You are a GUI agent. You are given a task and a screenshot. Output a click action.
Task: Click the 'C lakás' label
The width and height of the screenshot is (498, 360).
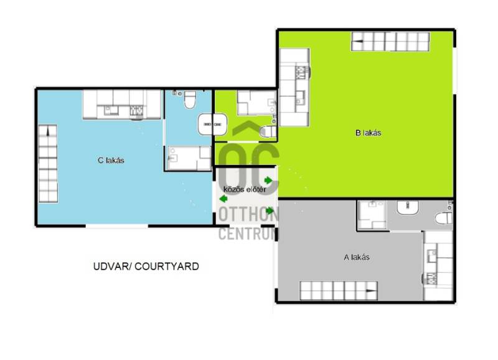click(x=111, y=160)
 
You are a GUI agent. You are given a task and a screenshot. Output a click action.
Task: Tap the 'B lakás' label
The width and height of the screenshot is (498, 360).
click(x=368, y=133)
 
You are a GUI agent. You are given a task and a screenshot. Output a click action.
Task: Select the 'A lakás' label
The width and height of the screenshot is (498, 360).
click(x=357, y=257)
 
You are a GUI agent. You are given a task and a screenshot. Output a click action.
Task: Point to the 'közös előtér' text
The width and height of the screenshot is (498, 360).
click(x=245, y=189)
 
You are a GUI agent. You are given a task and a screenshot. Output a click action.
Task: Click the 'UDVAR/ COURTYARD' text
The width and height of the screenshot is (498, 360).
click(x=146, y=267)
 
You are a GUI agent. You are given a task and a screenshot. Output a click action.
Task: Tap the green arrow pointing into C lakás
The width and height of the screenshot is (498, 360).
click(x=223, y=199)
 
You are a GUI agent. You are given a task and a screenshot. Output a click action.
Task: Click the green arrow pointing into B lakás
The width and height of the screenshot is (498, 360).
click(x=268, y=181)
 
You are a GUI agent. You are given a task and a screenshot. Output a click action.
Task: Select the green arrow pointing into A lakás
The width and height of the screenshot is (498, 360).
click(x=270, y=211)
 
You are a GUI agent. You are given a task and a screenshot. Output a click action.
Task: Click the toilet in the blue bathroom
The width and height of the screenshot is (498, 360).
click(x=190, y=100)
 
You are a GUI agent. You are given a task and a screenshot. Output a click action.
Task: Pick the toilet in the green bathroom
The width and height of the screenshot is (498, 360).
click(x=268, y=132)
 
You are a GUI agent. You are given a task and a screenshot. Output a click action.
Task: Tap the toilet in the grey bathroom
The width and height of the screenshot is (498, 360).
click(x=443, y=218)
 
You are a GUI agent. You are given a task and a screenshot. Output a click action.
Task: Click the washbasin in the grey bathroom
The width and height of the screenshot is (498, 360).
click(x=408, y=207)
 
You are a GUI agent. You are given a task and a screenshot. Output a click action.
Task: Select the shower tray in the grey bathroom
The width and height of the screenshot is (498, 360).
click(x=372, y=214)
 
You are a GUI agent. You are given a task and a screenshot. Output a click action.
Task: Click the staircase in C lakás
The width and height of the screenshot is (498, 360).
click(x=48, y=164)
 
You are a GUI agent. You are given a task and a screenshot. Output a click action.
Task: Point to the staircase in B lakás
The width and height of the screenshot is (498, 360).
click(x=390, y=42)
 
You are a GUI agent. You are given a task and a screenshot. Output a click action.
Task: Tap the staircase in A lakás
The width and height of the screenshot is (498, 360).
click(x=339, y=290)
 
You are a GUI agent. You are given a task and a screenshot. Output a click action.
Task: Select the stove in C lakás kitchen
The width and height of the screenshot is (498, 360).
click(x=136, y=110)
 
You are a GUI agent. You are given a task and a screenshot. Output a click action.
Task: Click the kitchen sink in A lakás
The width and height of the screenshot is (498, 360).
click(x=432, y=256)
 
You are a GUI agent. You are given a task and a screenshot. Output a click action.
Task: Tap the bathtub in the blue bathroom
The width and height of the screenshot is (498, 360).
click(x=189, y=158)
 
